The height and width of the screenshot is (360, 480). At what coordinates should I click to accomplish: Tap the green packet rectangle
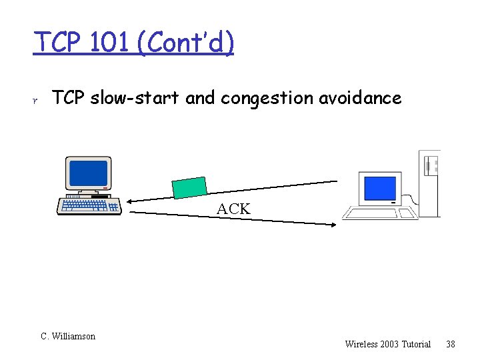tap(189, 187)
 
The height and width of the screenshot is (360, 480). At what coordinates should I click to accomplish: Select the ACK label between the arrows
tap(233, 209)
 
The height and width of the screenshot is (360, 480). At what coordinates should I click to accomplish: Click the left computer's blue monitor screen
tap(88, 173)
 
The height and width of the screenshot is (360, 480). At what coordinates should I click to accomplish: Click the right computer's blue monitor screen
tap(379, 188)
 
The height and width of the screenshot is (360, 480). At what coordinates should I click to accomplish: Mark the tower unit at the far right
tap(430, 183)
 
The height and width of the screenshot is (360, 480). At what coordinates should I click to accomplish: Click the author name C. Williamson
tap(68, 337)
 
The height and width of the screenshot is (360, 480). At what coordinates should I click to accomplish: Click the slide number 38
tap(451, 344)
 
